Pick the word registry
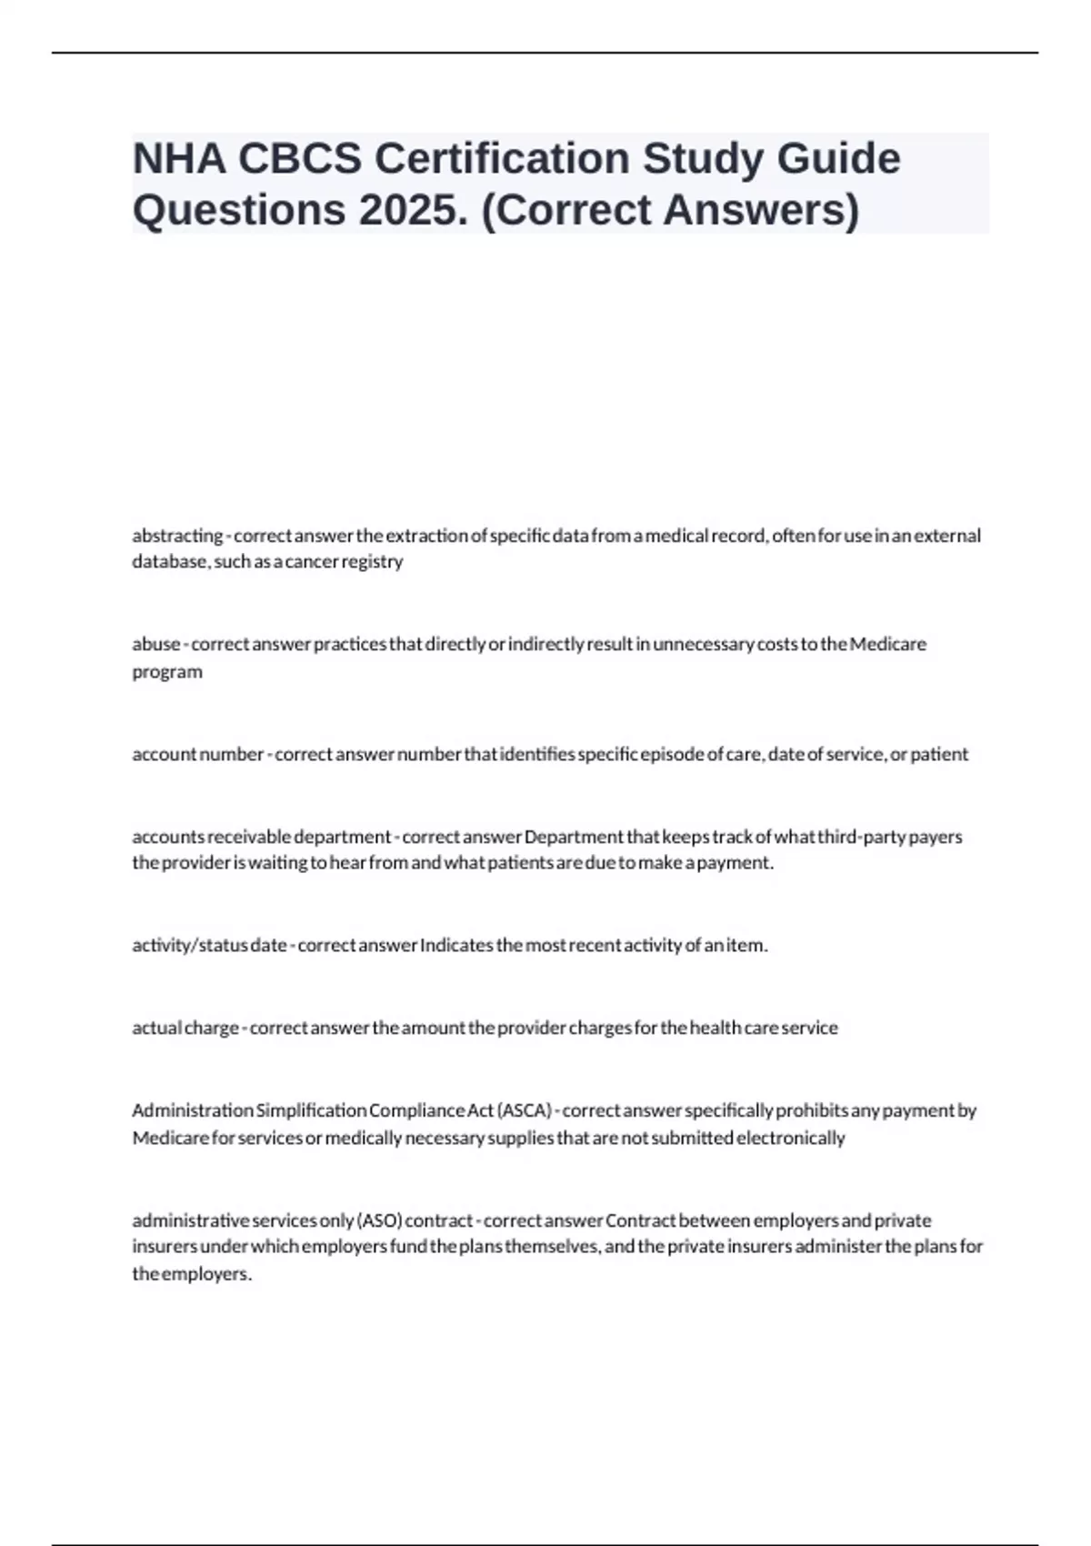click(x=376, y=562)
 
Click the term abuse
click(x=156, y=644)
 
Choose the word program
click(x=167, y=672)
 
